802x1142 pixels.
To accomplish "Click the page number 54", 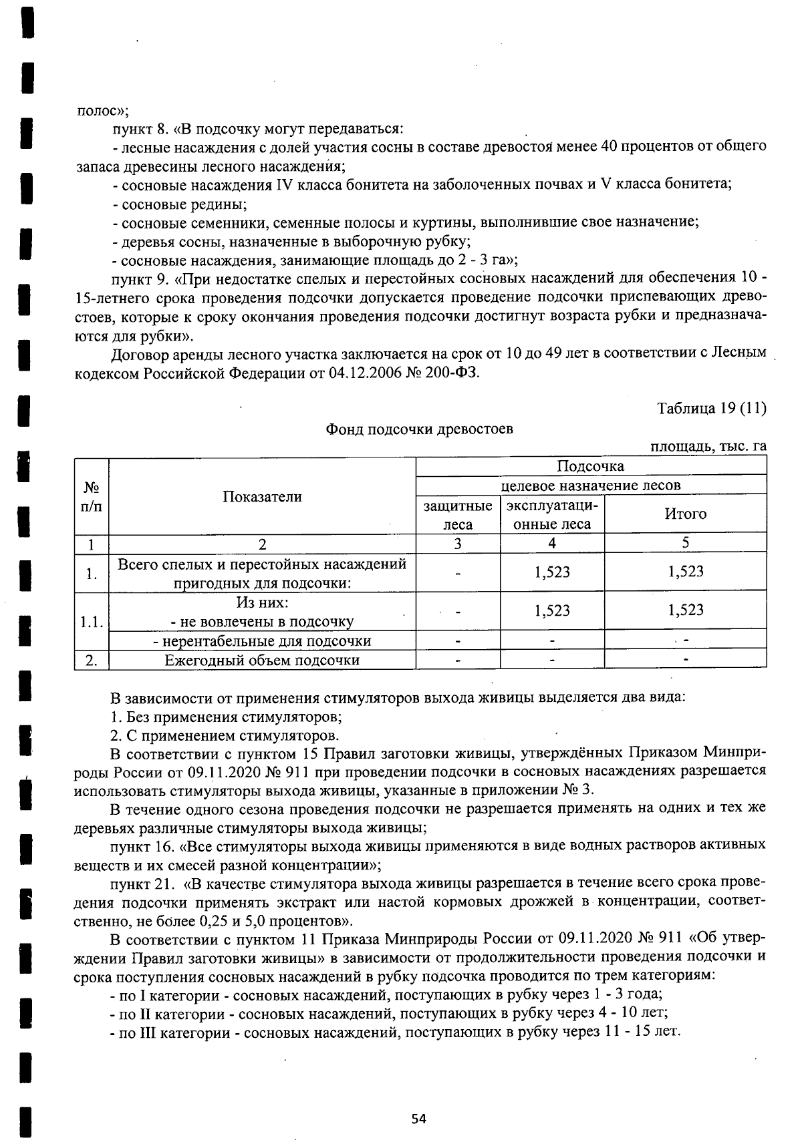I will click(419, 1119).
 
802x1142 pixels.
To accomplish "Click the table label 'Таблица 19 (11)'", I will click(711, 408).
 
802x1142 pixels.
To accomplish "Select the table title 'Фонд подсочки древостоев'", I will click(419, 429).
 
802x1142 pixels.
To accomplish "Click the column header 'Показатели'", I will click(262, 496).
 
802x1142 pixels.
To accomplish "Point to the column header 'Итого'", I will click(685, 514).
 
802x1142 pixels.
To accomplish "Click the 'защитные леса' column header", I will click(458, 515).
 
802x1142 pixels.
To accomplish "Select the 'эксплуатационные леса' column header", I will click(552, 514).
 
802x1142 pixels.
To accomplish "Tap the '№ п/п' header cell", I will click(92, 496).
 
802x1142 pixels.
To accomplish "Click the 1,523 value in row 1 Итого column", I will click(685, 572).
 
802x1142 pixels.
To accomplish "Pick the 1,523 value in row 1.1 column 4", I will click(552, 610).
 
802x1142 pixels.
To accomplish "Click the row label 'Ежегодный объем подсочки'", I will click(262, 660).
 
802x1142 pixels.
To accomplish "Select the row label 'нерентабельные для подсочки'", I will click(262, 641).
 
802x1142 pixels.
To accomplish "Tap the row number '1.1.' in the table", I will click(92, 622).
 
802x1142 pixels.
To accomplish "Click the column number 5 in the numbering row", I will click(685, 543).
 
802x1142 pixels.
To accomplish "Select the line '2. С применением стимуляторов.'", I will click(225, 736).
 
